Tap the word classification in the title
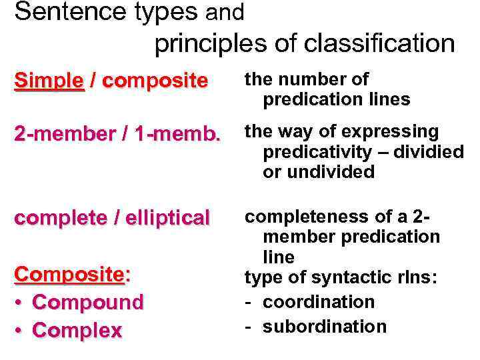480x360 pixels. point(379,44)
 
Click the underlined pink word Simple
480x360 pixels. point(49,81)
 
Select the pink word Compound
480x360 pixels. point(87,302)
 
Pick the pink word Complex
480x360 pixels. point(77,330)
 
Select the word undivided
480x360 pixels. point(330,172)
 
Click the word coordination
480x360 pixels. point(319,302)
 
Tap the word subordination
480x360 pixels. point(324,327)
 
